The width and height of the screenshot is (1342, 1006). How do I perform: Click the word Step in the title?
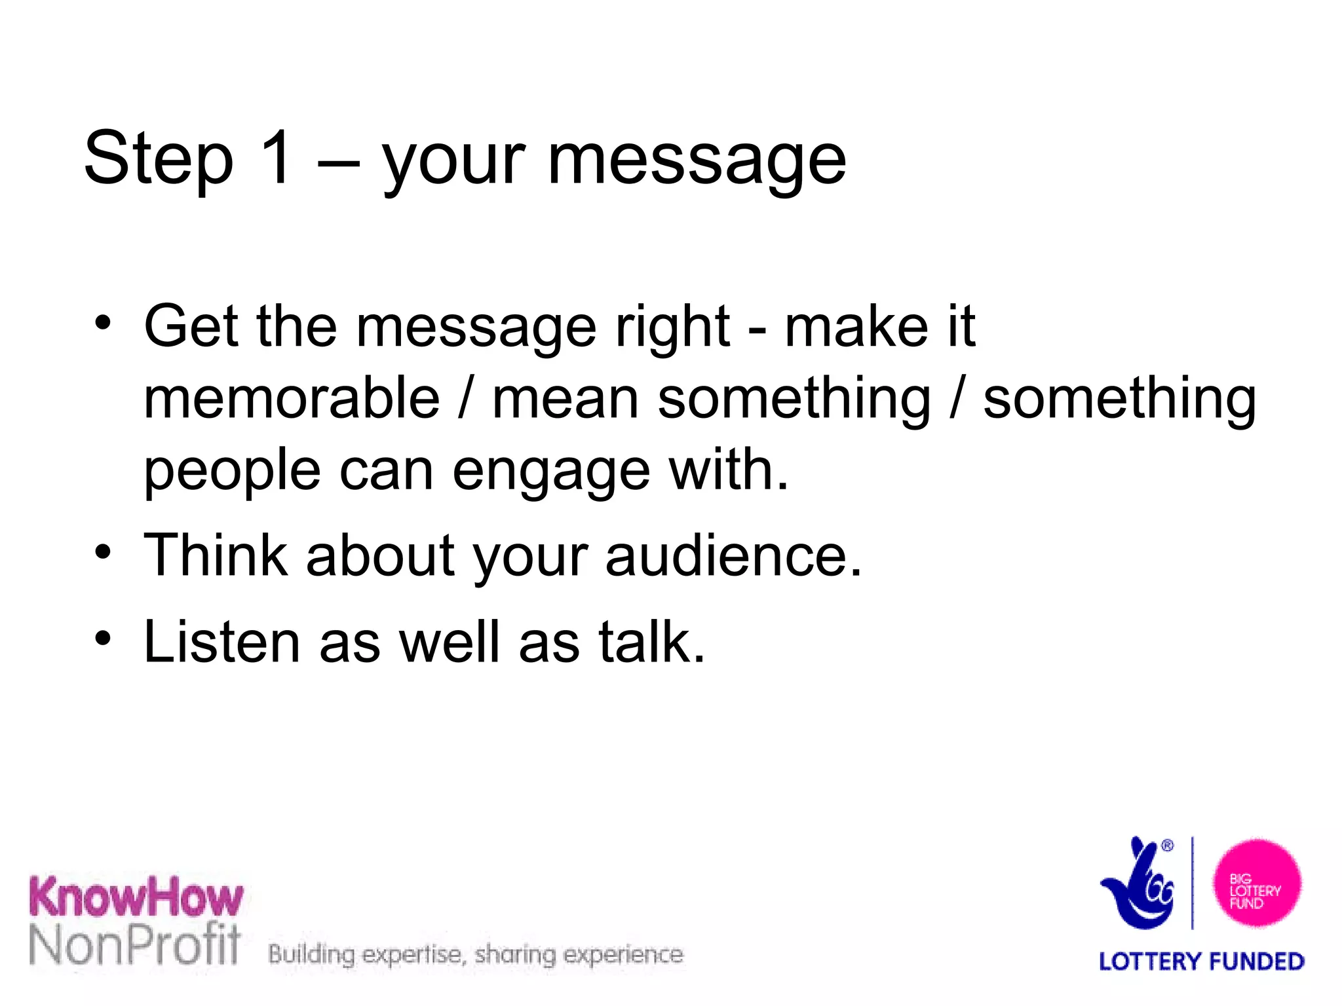pos(159,159)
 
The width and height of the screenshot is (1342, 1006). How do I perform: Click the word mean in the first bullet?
pos(565,400)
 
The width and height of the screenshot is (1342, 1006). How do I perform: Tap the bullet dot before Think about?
pos(103,552)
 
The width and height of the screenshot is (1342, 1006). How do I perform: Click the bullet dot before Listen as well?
pos(103,638)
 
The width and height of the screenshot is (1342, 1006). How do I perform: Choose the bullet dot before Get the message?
pos(103,322)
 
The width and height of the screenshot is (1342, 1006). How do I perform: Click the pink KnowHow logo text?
pos(136,897)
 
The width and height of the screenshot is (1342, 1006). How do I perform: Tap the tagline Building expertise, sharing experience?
pos(476,954)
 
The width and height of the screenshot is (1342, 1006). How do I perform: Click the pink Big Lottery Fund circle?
pos(1257,883)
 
